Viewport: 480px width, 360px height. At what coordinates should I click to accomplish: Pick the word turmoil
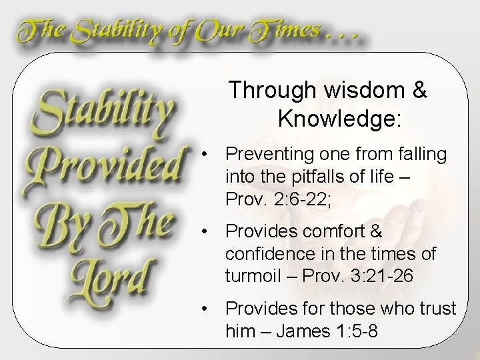pyautogui.click(x=251, y=276)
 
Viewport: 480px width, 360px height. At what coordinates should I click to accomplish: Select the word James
pyautogui.click(x=294, y=331)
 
